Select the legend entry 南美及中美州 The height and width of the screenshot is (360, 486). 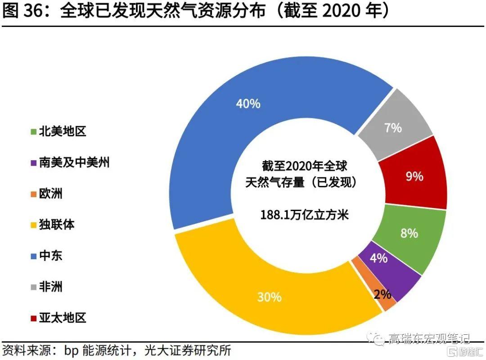tap(74, 162)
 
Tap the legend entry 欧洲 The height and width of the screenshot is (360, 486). tap(50, 194)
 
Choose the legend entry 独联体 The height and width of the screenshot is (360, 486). tap(56, 225)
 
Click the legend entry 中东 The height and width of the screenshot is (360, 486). tap(50, 256)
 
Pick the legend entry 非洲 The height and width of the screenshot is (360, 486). tap(50, 287)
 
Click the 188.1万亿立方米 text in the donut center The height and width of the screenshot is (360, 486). tap(305, 215)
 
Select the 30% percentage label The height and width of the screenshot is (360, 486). tap(269, 297)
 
